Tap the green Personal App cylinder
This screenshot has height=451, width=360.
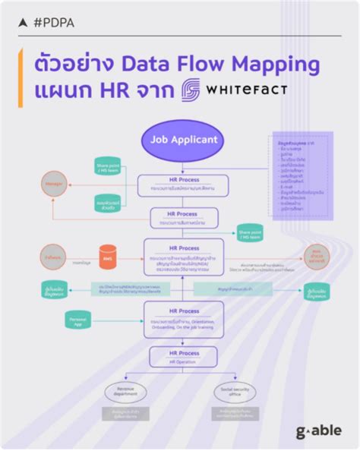[x=79, y=321]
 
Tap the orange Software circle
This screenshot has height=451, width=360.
[x=54, y=260]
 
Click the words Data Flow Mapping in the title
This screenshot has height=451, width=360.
[x=220, y=63]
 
